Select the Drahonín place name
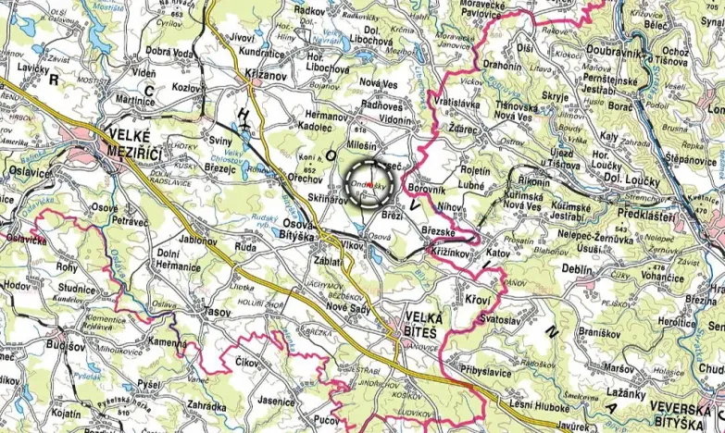(x=501, y=66)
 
